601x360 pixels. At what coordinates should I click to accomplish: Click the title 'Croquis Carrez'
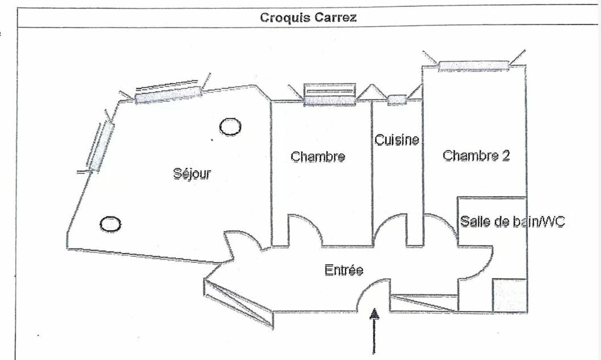point(308,17)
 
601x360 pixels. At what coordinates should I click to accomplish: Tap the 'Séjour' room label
point(192,174)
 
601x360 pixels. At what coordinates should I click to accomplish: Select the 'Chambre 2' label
point(476,155)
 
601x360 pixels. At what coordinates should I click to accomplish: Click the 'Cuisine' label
point(397,140)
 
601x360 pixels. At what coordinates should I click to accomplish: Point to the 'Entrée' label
point(344,270)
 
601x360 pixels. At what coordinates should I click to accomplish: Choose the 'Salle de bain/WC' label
point(512,221)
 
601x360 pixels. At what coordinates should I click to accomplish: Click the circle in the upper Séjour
point(230,127)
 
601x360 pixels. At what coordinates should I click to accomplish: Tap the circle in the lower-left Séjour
point(110,224)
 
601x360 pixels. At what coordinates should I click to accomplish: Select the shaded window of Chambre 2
point(474,66)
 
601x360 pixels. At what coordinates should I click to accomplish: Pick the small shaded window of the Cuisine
point(397,100)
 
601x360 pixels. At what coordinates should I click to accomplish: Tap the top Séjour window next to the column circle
point(168,95)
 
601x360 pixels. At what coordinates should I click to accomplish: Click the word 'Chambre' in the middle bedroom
point(318,156)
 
